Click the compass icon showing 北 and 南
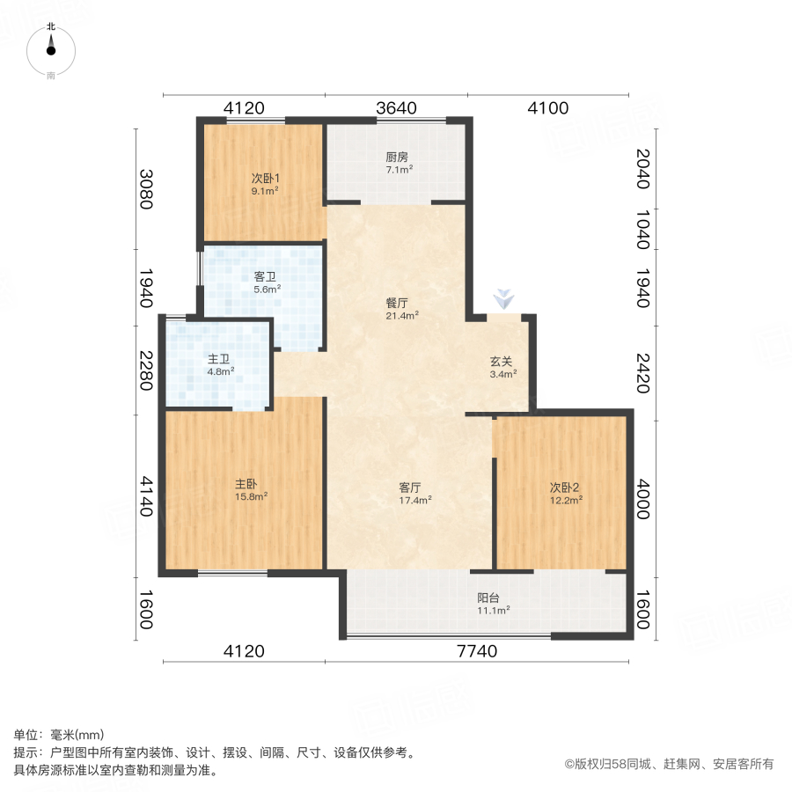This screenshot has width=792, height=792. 51,51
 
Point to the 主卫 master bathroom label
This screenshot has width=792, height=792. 220,359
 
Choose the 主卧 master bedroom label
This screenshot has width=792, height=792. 246,484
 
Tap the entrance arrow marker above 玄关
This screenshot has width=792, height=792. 502,299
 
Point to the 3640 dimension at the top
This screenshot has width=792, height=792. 396,108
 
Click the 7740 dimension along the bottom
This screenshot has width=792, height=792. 477,651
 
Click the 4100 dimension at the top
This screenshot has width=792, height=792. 547,108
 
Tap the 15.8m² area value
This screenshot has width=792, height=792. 251,496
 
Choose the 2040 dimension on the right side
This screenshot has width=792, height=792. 642,168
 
